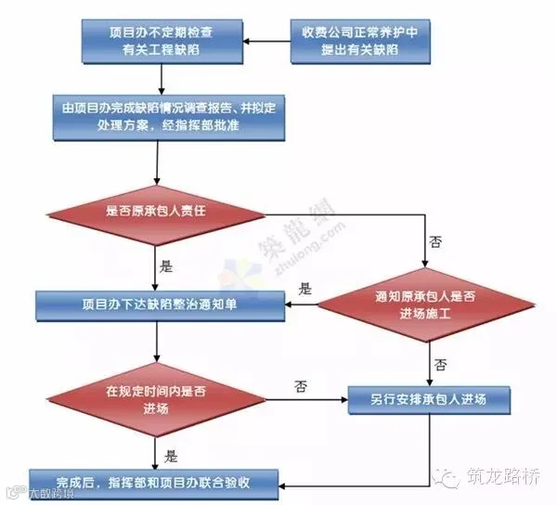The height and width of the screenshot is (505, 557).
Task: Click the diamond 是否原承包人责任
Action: click(x=161, y=213)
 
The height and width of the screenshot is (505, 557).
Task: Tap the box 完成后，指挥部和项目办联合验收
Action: click(x=153, y=482)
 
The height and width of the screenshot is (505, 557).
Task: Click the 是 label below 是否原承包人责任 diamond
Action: click(x=168, y=265)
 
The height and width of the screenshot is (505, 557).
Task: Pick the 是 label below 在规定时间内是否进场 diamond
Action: click(x=170, y=455)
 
